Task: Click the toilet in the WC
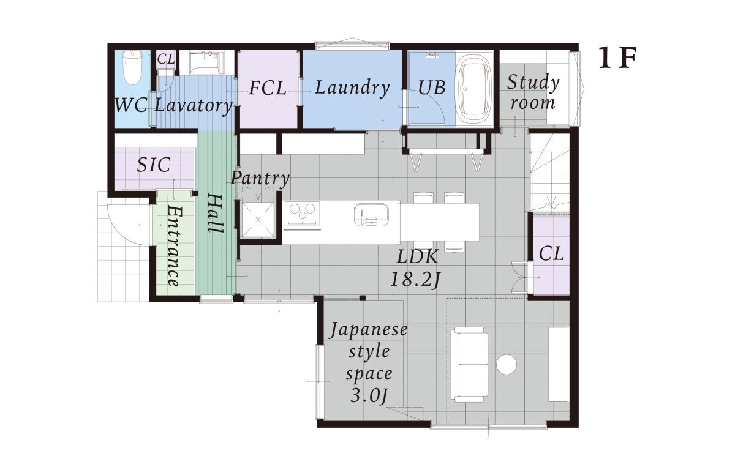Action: pos(132,67)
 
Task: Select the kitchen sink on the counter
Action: pos(371,215)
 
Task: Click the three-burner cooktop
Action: pos(302,213)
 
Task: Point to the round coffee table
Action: pos(507,365)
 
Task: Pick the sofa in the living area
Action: pos(469,364)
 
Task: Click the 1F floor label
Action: pos(617,58)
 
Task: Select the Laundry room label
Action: pos(352,88)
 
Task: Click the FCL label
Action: pos(268,89)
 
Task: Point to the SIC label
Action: pos(154,165)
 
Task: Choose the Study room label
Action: pos(532,93)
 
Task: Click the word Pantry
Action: pos(260,179)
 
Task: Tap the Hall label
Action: pos(215,214)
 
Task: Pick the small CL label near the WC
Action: pos(166,59)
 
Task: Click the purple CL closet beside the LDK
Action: pos(551,255)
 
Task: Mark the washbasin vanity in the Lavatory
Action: pos(206,62)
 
